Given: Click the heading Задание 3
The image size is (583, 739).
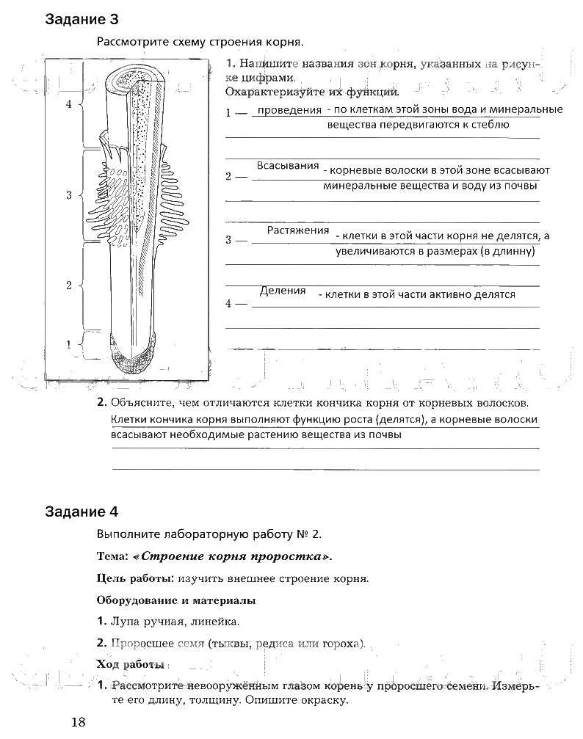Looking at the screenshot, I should point(82,19).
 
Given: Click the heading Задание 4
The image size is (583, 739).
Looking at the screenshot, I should point(82,512).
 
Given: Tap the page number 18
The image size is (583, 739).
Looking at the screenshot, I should point(79,721).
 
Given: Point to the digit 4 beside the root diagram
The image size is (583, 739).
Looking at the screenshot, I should point(69,104).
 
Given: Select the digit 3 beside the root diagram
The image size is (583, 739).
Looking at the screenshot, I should point(69,195).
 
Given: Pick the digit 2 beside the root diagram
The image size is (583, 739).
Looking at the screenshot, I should point(69,285).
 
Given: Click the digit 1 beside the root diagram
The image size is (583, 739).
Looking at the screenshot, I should point(69,343).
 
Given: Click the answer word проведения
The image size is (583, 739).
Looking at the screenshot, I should point(288,111).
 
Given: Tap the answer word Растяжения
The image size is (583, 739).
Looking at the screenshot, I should point(297,230).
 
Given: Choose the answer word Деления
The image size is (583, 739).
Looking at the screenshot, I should point(283,291).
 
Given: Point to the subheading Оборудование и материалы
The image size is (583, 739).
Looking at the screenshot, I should point(176,600).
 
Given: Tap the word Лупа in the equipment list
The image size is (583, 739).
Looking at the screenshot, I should point(124,622).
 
